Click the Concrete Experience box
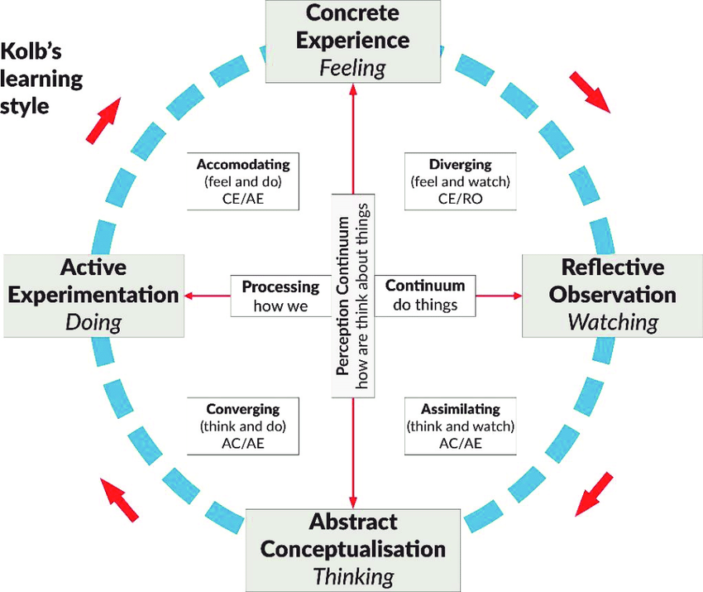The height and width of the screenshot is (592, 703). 353,41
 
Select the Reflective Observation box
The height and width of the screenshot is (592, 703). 613,294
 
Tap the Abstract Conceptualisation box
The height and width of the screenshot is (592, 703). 353,550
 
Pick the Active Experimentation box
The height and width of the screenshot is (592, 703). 93,294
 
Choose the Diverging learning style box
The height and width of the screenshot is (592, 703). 460,180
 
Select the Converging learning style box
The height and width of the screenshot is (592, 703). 243,426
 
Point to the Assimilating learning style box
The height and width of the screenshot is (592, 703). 460,426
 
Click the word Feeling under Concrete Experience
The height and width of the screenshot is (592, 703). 353,67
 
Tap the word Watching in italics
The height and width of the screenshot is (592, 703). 613,321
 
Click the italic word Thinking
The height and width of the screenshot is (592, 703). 353,575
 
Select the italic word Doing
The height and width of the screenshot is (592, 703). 93,321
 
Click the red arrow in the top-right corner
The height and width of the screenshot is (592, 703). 589,91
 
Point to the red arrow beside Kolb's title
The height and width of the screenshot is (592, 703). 103,119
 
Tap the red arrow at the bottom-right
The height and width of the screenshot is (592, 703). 595,493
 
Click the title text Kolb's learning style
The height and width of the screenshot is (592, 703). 41,79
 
